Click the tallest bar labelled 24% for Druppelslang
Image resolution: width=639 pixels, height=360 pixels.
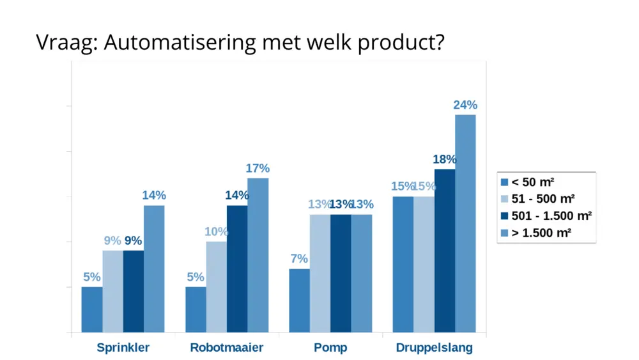click(x=465, y=224)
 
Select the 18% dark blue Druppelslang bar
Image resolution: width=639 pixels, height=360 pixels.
click(x=445, y=251)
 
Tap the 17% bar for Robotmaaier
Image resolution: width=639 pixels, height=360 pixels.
click(x=258, y=255)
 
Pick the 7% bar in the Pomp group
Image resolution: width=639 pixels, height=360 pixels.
click(x=300, y=301)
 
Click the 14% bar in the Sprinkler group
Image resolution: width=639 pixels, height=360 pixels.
click(x=154, y=269)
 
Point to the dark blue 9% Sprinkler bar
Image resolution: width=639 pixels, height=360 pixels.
click(x=134, y=291)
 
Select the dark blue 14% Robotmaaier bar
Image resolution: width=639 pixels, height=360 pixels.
click(x=237, y=269)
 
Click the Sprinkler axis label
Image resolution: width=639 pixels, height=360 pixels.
click(x=123, y=348)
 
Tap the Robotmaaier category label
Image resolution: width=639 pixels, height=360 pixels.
click(x=227, y=348)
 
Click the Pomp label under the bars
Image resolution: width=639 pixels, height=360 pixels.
click(x=330, y=348)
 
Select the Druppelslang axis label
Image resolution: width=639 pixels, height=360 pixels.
click(x=435, y=348)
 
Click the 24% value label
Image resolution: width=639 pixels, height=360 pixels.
click(x=465, y=106)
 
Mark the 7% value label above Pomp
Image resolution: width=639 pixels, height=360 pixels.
click(x=299, y=259)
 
